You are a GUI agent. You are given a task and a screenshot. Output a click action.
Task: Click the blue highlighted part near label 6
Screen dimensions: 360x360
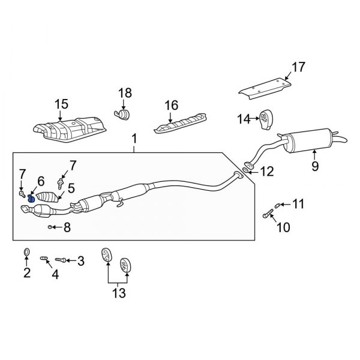point(31,198)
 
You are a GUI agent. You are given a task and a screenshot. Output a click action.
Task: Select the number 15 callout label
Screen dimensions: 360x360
point(62,104)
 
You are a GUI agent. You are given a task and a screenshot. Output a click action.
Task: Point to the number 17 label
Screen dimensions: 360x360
point(298,67)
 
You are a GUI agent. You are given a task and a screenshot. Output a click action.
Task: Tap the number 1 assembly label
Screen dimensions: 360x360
point(134,139)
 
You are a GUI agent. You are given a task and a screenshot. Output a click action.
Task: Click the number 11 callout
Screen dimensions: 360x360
point(298,205)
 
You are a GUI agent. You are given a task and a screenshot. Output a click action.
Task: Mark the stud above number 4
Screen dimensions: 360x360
point(44,259)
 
